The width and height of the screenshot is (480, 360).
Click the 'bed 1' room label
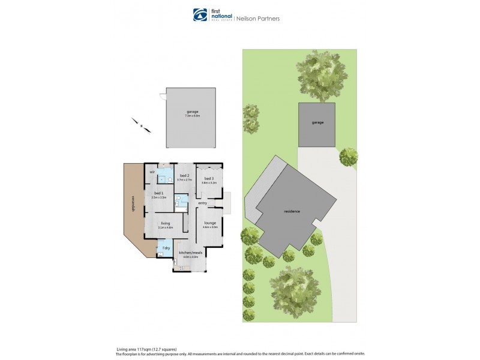pos(158,193)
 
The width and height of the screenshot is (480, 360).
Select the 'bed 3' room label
pos(209,179)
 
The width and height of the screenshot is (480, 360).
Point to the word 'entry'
pos(202,203)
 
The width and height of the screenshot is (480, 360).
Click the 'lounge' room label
pos(209,223)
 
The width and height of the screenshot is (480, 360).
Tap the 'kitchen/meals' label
pos(189,253)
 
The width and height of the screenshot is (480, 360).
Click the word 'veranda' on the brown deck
pos(130,208)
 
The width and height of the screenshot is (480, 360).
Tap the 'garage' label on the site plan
pos(317,122)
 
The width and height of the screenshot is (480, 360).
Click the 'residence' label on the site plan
pos(292,211)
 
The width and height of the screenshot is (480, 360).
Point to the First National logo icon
pos(199,14)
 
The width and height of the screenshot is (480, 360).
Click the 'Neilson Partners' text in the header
pos(260,19)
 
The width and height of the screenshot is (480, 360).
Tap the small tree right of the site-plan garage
pos(349,158)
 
